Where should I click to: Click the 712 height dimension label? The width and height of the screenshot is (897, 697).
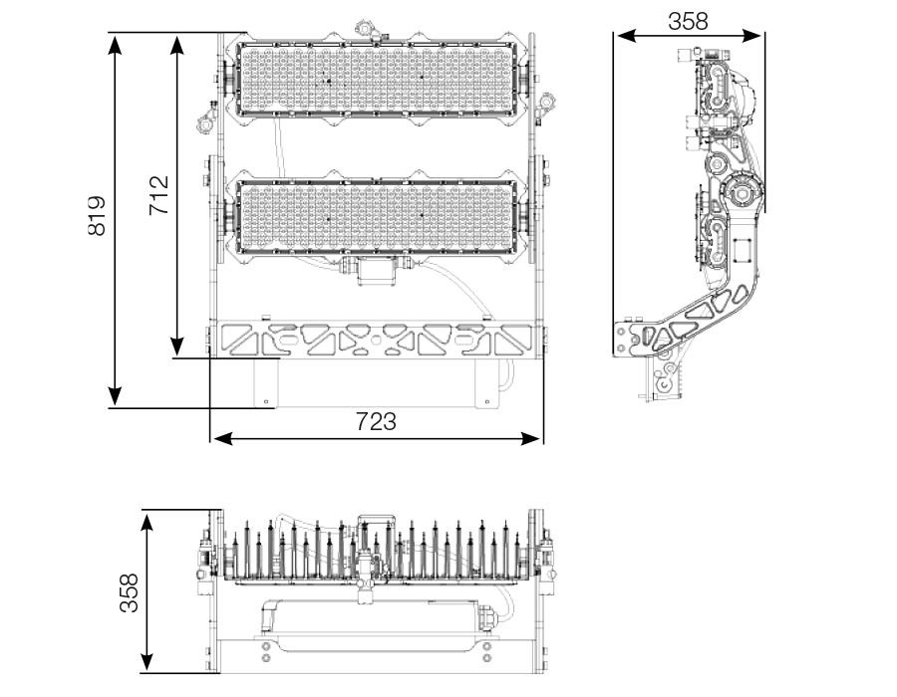pos(158,195)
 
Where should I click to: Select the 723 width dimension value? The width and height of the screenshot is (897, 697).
pos(376,421)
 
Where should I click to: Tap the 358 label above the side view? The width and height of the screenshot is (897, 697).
pos(688,21)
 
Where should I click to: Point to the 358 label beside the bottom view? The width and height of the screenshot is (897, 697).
pos(129,592)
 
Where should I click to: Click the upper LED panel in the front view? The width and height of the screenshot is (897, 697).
pos(374,78)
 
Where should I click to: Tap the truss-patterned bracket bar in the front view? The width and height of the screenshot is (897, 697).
pos(374,340)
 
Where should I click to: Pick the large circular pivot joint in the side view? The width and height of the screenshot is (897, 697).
pos(742,189)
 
